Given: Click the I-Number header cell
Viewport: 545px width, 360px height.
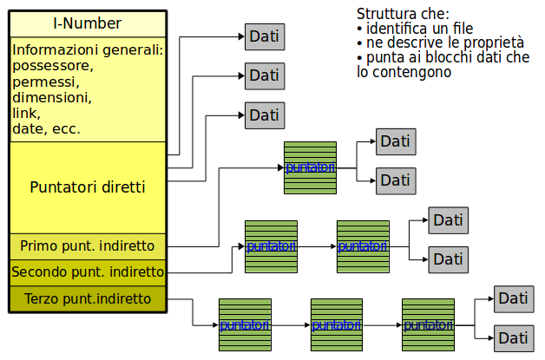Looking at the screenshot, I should click(x=87, y=23).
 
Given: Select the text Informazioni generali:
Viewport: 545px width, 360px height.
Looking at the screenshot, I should click(x=88, y=49).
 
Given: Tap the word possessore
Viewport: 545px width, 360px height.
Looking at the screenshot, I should click(x=52, y=66).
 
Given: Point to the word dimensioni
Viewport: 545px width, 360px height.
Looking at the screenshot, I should click(x=51, y=97).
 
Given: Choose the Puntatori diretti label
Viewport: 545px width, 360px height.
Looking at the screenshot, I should click(x=87, y=187).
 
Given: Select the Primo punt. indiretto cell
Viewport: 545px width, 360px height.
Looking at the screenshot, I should click(x=87, y=245).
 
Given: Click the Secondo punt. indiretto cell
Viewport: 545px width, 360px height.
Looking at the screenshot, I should click(x=87, y=272).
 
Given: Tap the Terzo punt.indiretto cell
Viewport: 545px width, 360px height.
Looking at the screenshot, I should click(x=87, y=298).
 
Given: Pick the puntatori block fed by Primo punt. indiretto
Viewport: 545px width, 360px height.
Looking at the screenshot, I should click(x=310, y=167).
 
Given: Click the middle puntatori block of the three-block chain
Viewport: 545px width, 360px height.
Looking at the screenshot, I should click(x=337, y=324).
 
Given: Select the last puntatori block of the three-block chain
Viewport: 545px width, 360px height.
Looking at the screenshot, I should click(x=428, y=324).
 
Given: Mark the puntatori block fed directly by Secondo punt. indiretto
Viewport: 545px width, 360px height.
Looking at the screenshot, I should click(x=271, y=246).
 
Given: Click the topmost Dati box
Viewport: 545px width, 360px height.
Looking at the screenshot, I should click(x=264, y=36).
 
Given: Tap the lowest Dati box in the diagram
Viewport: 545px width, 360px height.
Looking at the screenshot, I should click(x=513, y=337).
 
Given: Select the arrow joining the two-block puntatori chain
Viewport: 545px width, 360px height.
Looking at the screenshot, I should click(x=317, y=246).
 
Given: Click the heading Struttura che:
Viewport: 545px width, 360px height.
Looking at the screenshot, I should click(x=403, y=14).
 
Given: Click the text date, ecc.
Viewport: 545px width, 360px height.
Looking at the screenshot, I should click(x=46, y=128).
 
